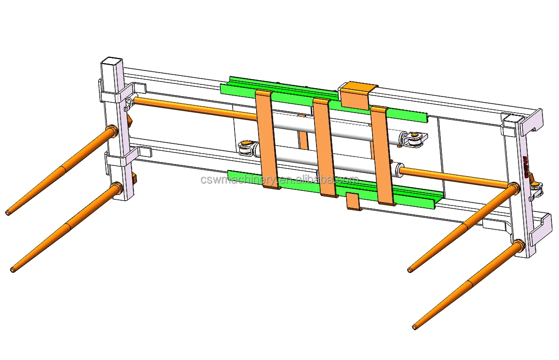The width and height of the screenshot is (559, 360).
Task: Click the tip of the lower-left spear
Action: pos(13,270)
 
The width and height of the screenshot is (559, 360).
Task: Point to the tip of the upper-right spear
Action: pos(410,270)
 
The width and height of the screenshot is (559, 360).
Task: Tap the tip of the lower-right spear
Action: pos(414,327)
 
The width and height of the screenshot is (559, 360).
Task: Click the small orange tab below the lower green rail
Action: pos(353,201)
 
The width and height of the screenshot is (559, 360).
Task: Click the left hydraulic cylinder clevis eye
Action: pos(245,149)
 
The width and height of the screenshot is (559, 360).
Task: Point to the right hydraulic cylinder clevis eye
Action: pos(414,139)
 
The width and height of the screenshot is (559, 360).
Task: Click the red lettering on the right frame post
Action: pos(525,167)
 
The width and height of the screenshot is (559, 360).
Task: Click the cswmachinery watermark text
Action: pos(279,180)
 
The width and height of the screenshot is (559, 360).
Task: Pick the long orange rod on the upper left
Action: pos(193,108)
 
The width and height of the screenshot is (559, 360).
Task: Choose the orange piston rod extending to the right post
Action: pos(452,178)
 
